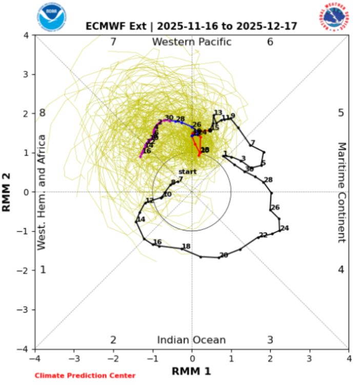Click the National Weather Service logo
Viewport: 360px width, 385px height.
point(334,16)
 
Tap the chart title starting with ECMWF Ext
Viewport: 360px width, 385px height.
point(192,26)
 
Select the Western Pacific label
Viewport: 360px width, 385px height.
point(192,42)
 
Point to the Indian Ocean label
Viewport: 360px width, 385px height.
point(191,340)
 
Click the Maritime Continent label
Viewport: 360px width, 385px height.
point(342,192)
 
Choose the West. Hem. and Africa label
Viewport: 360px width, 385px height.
point(42,192)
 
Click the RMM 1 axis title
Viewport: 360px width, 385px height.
point(192,371)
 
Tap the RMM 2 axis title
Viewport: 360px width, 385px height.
point(7,192)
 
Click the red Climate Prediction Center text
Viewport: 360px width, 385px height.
point(85,376)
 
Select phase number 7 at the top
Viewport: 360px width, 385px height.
point(113,42)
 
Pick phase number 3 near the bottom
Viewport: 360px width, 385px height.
point(270,340)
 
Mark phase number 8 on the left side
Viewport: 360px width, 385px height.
point(43,113)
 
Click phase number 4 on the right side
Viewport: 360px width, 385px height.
point(341,270)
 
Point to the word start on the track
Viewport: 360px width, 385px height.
point(187,171)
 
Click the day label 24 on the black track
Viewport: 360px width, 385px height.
point(285,228)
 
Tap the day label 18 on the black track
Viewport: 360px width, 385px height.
point(186,246)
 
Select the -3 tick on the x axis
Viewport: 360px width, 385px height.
point(74,357)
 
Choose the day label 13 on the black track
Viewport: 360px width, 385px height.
point(218,113)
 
